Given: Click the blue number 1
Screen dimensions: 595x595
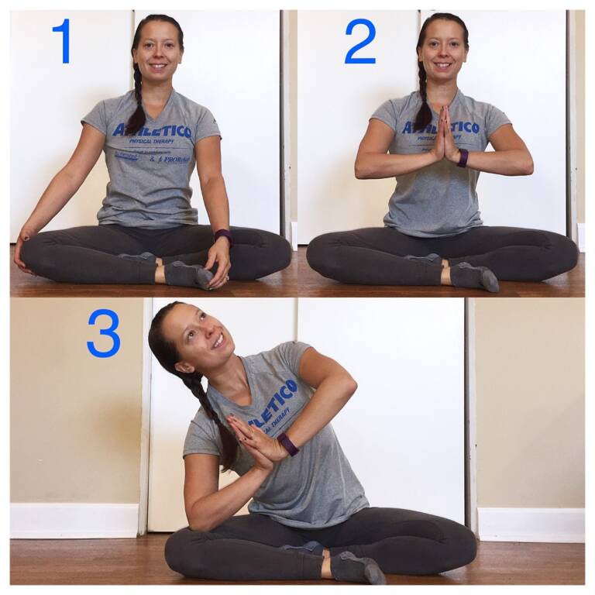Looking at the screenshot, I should pyautogui.click(x=62, y=41).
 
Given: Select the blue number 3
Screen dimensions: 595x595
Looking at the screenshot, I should pyautogui.click(x=104, y=333).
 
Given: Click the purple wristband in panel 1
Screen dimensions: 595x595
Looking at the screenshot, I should pyautogui.click(x=223, y=236).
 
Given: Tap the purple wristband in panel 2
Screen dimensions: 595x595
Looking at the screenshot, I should pyautogui.click(x=462, y=158).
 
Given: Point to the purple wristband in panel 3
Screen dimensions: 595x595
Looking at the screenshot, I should pyautogui.click(x=288, y=445).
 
